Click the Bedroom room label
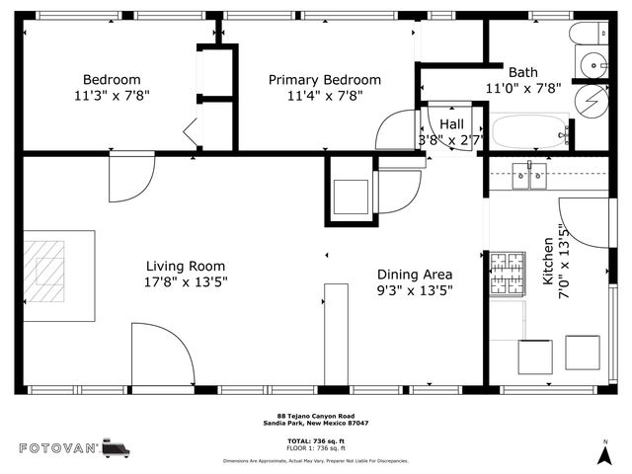(x=111, y=80)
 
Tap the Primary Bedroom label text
(x=325, y=80)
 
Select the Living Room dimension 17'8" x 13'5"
(x=185, y=282)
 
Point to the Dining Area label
(x=415, y=275)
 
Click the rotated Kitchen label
(x=549, y=268)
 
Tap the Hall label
(x=452, y=124)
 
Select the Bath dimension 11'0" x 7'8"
(x=523, y=88)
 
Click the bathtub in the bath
(x=529, y=131)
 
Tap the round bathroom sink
(x=595, y=64)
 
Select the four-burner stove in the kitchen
(x=509, y=270)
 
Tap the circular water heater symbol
(x=592, y=102)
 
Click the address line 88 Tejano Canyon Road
(x=315, y=416)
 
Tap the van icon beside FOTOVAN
(x=117, y=447)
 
